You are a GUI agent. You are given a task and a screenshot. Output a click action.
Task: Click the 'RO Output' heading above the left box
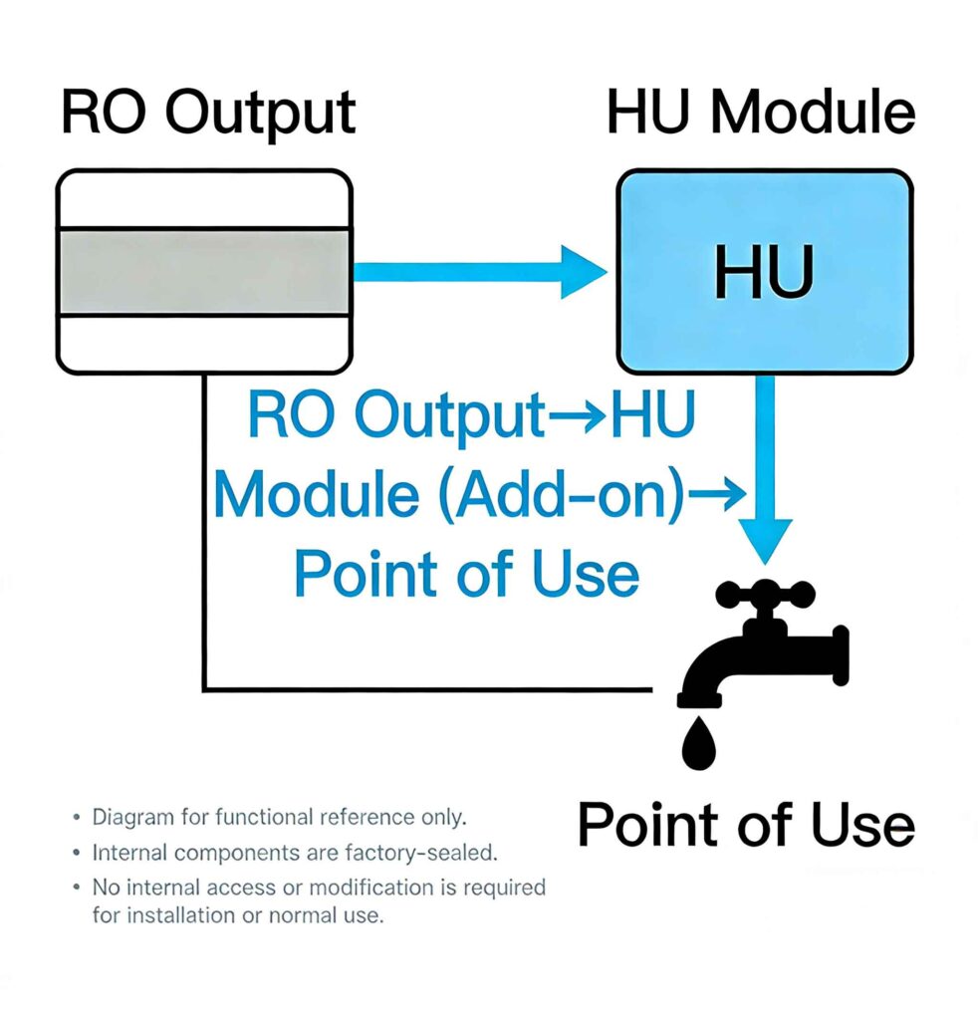coord(207,113)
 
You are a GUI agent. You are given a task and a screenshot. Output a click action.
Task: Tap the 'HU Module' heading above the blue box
coord(760,113)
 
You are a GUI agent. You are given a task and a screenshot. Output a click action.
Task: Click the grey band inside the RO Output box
coord(204,271)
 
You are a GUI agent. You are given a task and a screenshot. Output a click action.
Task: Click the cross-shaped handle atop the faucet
coord(764,598)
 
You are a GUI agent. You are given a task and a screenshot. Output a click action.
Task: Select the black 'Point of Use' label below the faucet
coord(745,826)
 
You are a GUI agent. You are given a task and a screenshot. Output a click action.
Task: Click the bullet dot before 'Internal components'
coord(78,854)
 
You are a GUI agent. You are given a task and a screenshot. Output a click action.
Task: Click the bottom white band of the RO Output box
coord(204,342)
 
